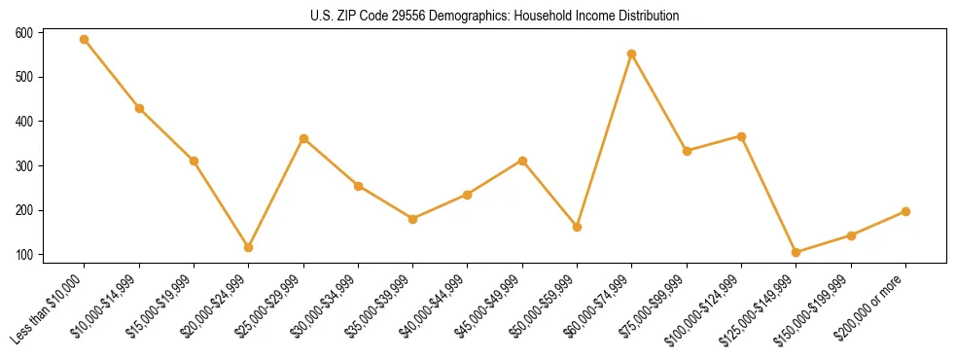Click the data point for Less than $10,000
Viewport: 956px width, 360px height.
pos(85,39)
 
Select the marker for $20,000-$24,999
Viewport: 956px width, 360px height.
pos(249,247)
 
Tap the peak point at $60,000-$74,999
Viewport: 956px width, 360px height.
pos(632,54)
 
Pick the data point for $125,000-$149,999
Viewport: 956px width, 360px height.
pos(797,252)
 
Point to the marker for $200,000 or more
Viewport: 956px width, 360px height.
pos(905,211)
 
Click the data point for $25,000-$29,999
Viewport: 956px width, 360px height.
pos(303,138)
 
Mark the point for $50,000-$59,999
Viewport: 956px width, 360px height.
pos(578,227)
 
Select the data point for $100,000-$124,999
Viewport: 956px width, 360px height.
pos(741,136)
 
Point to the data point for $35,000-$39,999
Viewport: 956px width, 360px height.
pos(413,219)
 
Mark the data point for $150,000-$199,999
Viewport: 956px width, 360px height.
pos(851,235)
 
